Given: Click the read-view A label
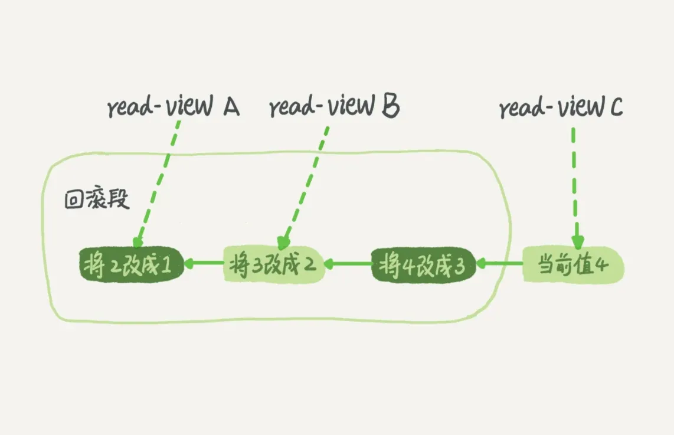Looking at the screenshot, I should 173,108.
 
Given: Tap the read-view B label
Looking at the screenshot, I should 334,108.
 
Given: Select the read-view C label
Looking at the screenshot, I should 561,109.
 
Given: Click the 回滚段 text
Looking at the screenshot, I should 96,200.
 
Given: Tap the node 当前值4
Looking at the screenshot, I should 573,265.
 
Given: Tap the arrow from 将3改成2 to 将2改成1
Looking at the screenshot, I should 203,263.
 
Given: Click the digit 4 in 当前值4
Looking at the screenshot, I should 601,266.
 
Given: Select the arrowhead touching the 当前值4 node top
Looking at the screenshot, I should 577,243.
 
